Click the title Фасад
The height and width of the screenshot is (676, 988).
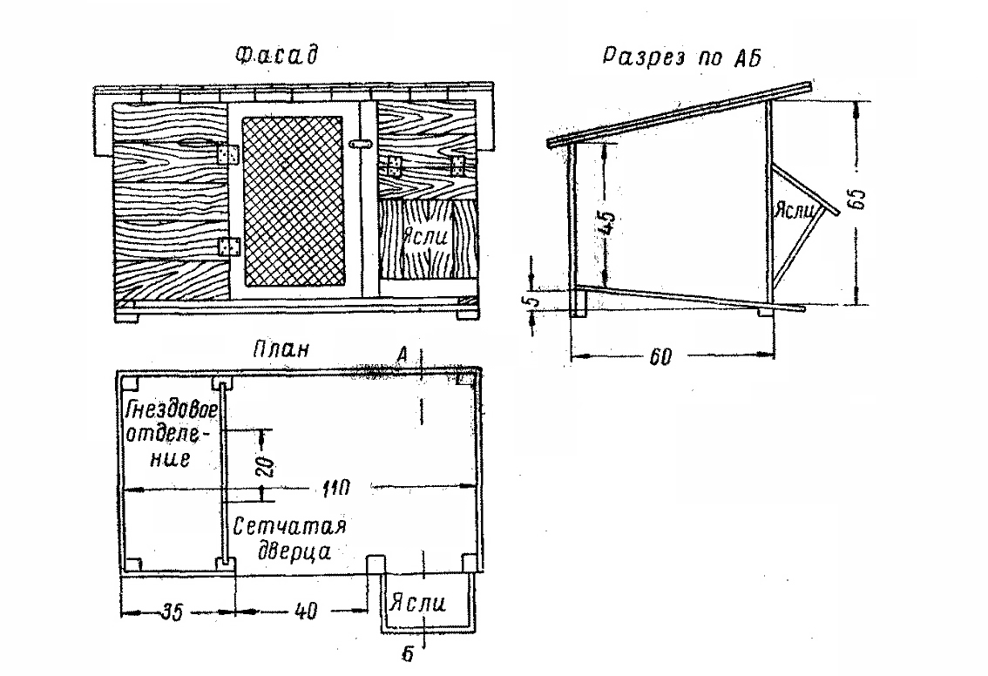pyautogui.click(x=276, y=56)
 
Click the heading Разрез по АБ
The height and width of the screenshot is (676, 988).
pyautogui.click(x=682, y=57)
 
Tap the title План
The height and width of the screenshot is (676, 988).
pyautogui.click(x=281, y=348)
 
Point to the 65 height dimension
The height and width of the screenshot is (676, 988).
pyautogui.click(x=858, y=199)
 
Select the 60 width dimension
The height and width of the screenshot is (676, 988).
pyautogui.click(x=660, y=357)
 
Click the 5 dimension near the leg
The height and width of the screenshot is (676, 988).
pyautogui.click(x=533, y=301)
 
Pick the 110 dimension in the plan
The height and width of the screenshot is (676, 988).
pyautogui.click(x=335, y=488)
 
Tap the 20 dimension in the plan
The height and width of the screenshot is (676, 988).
pyautogui.click(x=267, y=466)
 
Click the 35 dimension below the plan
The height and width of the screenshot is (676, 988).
pyautogui.click(x=172, y=612)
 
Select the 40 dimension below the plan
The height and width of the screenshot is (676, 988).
pyautogui.click(x=306, y=611)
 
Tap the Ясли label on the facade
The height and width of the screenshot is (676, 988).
pyautogui.click(x=427, y=237)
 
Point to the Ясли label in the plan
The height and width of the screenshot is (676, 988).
pyautogui.click(x=417, y=603)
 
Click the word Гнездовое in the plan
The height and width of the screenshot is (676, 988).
pyautogui.click(x=172, y=410)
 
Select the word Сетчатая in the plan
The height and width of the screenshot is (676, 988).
pyautogui.click(x=290, y=526)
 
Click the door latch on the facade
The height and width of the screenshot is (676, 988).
pyautogui.click(x=359, y=145)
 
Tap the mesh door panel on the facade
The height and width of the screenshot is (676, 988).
pyautogui.click(x=293, y=200)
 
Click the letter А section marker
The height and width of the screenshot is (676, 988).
pyautogui.click(x=402, y=356)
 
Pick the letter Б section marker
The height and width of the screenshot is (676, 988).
pyautogui.click(x=408, y=654)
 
